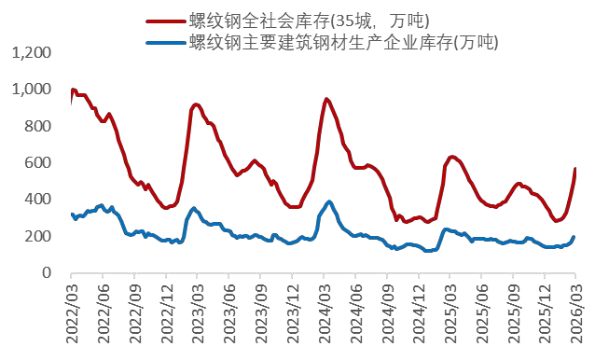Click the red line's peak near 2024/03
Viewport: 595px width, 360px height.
point(326,99)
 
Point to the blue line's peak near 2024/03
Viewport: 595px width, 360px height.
point(329,201)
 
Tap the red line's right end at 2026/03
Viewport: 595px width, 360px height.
point(574,169)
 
